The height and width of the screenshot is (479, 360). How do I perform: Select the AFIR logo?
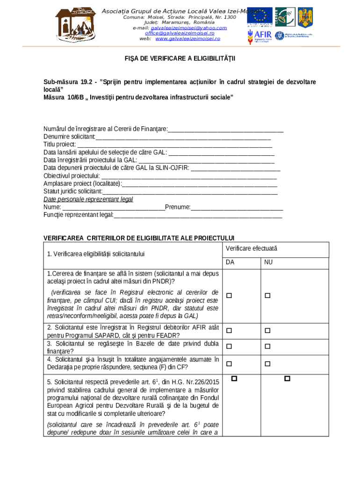pos(258,36)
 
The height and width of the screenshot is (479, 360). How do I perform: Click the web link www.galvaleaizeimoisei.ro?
pos(187,38)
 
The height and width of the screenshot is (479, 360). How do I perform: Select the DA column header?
pos(230,262)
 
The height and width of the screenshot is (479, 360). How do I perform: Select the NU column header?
pos(268,262)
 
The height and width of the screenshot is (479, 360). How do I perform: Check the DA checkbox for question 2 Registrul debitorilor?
pos(229,331)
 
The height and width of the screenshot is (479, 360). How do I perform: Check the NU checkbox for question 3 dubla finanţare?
pos(268,347)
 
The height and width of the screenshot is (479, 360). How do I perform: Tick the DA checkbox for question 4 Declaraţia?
pos(229,363)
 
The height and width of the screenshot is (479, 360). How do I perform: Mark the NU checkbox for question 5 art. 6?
pos(287,378)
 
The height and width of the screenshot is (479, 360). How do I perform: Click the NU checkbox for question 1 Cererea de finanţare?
pos(268,296)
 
